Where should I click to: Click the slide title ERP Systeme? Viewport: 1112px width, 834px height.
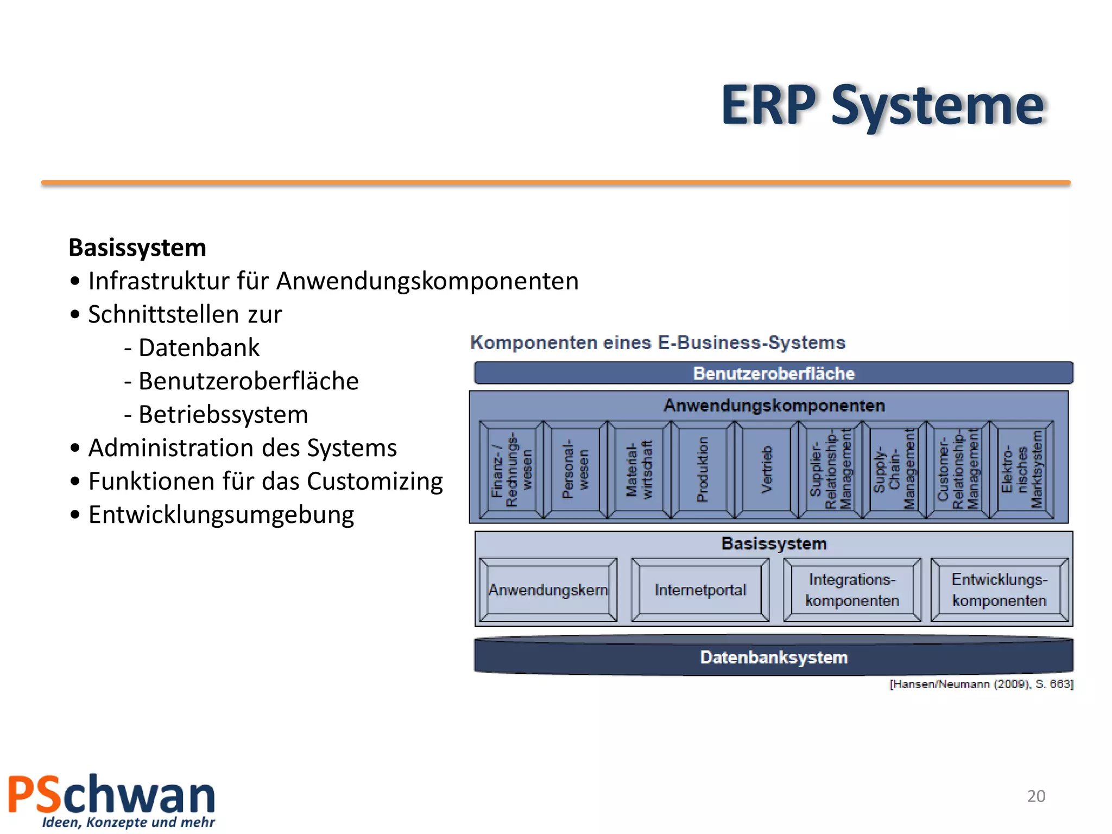pyautogui.click(x=882, y=106)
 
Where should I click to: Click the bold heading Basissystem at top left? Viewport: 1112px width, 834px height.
pyautogui.click(x=137, y=248)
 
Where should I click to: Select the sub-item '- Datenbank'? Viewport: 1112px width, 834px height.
pyautogui.click(x=192, y=347)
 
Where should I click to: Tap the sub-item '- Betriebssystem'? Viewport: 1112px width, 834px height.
pyautogui.click(x=216, y=414)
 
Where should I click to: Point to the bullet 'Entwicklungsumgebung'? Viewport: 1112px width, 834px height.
pyautogui.click(x=220, y=515)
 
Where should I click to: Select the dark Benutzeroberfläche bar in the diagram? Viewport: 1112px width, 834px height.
pyautogui.click(x=773, y=373)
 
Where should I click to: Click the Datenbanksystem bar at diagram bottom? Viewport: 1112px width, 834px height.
pyautogui.click(x=773, y=658)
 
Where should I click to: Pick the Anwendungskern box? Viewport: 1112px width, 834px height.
pyautogui.click(x=548, y=590)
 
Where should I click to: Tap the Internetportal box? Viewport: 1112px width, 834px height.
pyautogui.click(x=700, y=590)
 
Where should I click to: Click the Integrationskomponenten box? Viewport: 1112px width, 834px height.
pyautogui.click(x=852, y=590)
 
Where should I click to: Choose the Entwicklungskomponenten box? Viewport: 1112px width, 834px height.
pyautogui.click(x=999, y=590)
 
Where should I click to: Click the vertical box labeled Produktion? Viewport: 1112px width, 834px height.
pyautogui.click(x=703, y=470)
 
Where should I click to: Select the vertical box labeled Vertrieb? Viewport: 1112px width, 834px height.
pyautogui.click(x=766, y=470)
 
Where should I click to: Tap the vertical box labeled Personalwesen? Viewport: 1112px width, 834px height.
pyautogui.click(x=575, y=470)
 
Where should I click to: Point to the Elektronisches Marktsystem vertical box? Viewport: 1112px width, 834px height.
pyautogui.click(x=1021, y=470)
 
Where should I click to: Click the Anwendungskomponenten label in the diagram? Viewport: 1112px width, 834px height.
pyautogui.click(x=774, y=406)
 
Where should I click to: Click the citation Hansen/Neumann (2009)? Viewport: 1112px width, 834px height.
pyautogui.click(x=981, y=684)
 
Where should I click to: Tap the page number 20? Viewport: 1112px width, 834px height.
pyautogui.click(x=1036, y=796)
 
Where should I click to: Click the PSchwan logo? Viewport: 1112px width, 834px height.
pyautogui.click(x=112, y=800)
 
